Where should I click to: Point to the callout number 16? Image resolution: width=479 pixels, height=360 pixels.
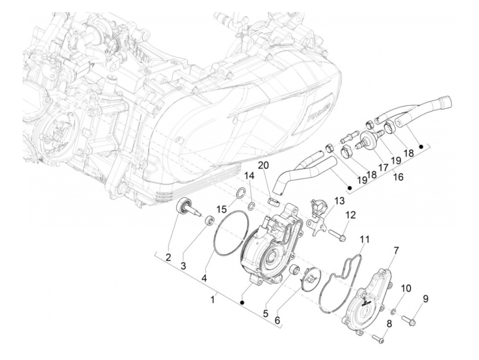pyautogui.click(x=398, y=177)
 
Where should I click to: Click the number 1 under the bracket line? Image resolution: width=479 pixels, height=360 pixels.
pyautogui.click(x=212, y=300)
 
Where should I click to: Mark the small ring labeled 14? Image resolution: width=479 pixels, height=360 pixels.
pyautogui.click(x=251, y=205)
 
